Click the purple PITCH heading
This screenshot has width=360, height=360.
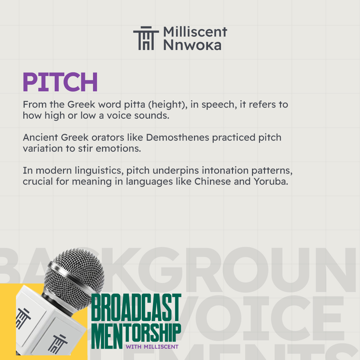click(x=60, y=82)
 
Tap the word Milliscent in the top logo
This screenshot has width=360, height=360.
click(x=195, y=32)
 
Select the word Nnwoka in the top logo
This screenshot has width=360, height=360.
click(x=192, y=45)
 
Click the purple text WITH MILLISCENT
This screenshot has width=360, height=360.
click(x=152, y=347)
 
